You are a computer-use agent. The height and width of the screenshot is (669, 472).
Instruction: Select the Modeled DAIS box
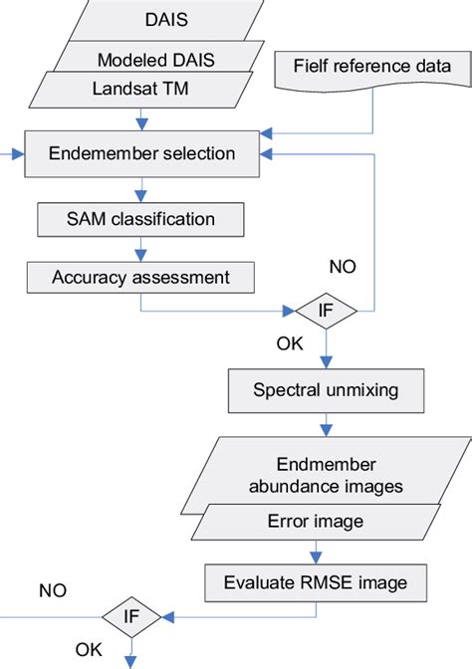point(139,60)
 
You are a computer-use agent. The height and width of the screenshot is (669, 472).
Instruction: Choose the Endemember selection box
point(142,154)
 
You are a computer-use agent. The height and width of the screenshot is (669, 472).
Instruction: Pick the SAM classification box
point(139,216)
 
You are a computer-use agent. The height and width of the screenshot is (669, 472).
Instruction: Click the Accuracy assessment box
point(139,276)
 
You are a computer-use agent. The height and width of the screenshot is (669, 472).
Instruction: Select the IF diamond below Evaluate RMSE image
point(130,618)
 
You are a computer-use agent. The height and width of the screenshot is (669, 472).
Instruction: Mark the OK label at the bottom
point(88,649)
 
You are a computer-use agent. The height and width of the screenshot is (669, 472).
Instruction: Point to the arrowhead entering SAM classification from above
point(141,196)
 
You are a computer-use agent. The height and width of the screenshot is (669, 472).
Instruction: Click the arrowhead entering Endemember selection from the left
point(17,154)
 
